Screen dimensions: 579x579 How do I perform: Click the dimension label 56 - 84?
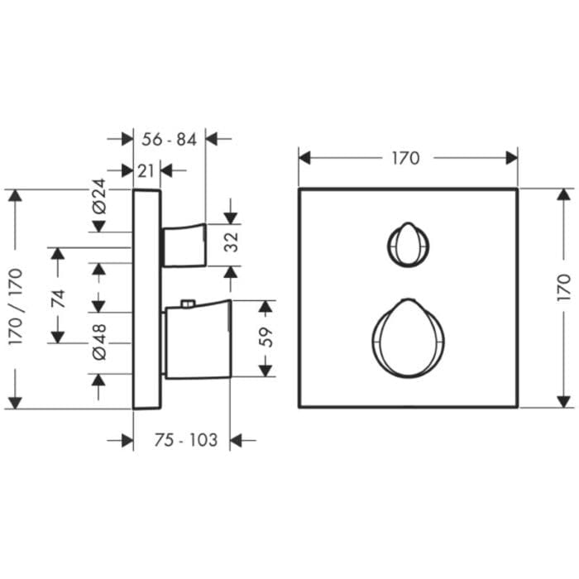click(169, 140)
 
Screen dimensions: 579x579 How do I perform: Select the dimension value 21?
click(146, 171)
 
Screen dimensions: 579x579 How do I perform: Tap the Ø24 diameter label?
click(99, 196)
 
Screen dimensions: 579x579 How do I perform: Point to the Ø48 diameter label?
click(99, 342)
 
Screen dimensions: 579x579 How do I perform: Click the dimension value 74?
click(59, 299)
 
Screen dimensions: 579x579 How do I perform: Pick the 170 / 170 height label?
click(16, 307)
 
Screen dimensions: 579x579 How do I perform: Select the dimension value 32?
click(232, 242)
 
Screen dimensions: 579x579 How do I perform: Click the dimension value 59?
click(266, 337)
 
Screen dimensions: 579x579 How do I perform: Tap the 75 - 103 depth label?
click(186, 440)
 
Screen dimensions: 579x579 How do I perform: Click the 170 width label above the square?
click(405, 158)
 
